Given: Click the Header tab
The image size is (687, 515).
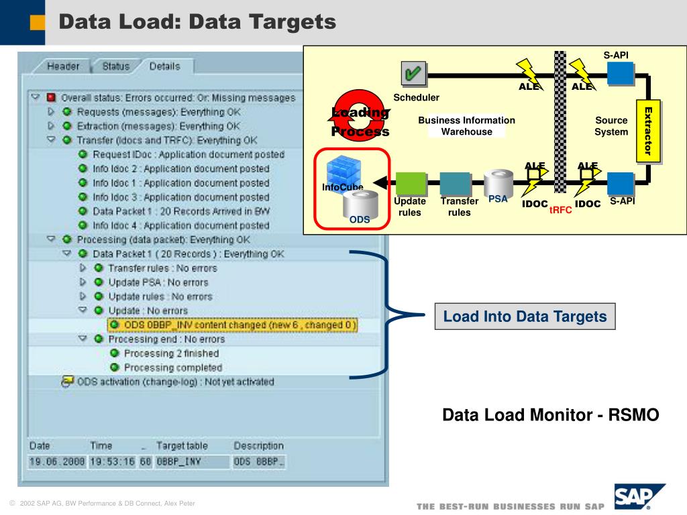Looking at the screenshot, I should (x=64, y=66).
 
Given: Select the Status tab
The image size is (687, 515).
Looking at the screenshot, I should (x=115, y=66).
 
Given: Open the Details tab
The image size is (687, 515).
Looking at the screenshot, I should (x=164, y=66).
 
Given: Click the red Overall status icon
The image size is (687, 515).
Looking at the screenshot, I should (x=51, y=98).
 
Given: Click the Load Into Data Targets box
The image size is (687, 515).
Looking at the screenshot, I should (x=525, y=317).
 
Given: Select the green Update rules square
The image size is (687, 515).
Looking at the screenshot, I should (x=411, y=184).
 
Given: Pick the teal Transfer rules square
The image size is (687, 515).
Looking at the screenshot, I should (x=455, y=184).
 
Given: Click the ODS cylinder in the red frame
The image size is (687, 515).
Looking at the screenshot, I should (x=359, y=205).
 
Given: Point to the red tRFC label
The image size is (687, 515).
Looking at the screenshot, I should (x=560, y=210).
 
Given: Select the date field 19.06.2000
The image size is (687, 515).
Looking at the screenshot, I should (x=57, y=462).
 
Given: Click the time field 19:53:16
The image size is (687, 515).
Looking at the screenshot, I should (x=112, y=462).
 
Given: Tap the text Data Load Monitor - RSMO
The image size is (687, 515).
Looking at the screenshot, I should (x=550, y=416).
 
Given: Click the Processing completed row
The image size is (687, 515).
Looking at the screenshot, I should (x=172, y=367).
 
